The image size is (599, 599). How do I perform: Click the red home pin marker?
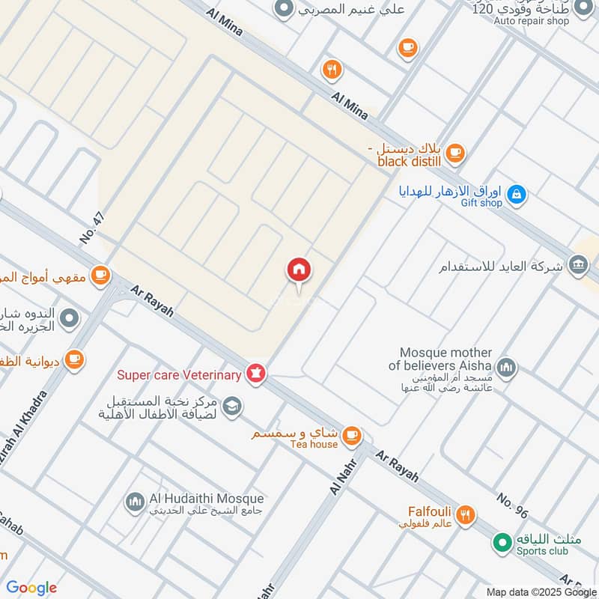[x=299, y=270]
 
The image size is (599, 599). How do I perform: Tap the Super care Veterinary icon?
[x=256, y=374]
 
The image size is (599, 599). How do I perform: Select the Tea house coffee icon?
[x=352, y=435]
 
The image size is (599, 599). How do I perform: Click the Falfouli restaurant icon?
[x=466, y=514]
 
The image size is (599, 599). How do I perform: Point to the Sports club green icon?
[x=502, y=540]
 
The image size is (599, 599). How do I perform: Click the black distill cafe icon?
[x=454, y=153]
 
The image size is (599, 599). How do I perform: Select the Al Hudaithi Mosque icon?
[x=135, y=501]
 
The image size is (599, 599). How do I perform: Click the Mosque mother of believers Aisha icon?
[x=507, y=367]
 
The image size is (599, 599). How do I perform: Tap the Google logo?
[x=31, y=588]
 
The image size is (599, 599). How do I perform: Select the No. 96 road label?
[x=513, y=506]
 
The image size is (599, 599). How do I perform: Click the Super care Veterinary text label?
[x=178, y=374]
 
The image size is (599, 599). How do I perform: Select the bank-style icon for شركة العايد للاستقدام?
[x=577, y=264]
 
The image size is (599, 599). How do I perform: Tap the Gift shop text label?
[x=481, y=203]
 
